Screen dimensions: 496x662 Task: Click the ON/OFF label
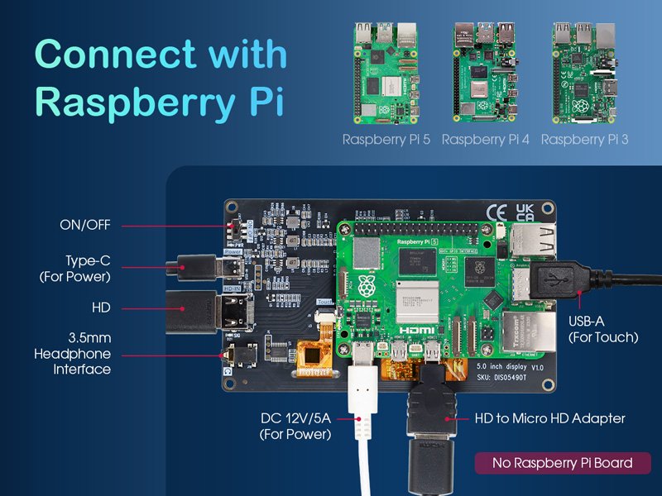click(x=85, y=224)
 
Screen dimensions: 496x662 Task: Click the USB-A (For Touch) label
click(x=603, y=329)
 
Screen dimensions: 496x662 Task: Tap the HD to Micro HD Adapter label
click(x=549, y=418)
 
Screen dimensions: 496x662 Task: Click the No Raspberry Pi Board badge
click(x=562, y=463)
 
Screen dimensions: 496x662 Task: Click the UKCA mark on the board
click(x=525, y=212)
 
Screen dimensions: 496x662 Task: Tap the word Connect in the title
click(x=116, y=55)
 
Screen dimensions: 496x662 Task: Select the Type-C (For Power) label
click(x=75, y=269)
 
